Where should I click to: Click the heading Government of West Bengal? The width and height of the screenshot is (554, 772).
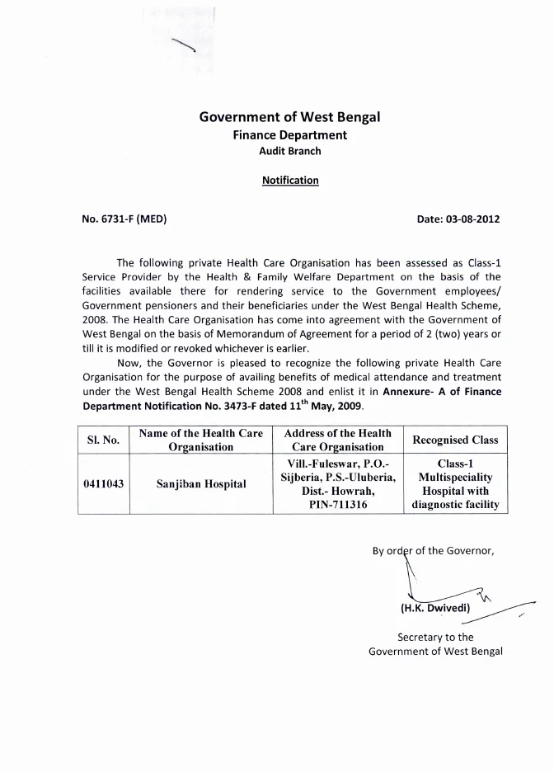click(289, 117)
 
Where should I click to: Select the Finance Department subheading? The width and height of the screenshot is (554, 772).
click(289, 135)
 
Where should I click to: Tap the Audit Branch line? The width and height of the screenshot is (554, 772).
click(290, 151)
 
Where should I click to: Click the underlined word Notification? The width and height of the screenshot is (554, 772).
click(290, 180)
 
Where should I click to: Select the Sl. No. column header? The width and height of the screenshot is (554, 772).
click(104, 440)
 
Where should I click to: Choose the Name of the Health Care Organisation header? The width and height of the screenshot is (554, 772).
click(201, 440)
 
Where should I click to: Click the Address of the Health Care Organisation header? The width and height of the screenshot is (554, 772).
click(337, 440)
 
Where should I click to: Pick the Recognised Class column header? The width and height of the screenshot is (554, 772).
click(455, 440)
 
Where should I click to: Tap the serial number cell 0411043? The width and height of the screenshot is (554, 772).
click(104, 483)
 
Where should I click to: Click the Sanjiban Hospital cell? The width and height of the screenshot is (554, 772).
click(201, 483)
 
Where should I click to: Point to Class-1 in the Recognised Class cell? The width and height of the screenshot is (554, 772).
click(455, 464)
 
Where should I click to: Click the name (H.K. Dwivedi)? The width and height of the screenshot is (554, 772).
click(434, 609)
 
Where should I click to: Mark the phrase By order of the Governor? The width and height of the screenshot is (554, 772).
click(433, 552)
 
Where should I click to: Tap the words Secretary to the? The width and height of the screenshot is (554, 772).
click(435, 637)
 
